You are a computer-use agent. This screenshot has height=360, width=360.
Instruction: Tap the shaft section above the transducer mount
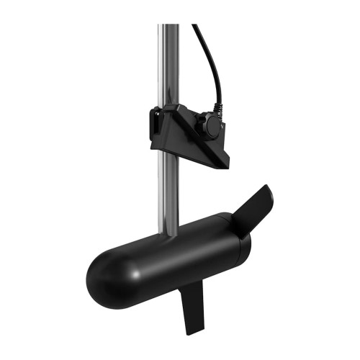[x=169, y=65]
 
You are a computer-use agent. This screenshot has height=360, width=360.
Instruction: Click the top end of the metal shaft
[x=169, y=27]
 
